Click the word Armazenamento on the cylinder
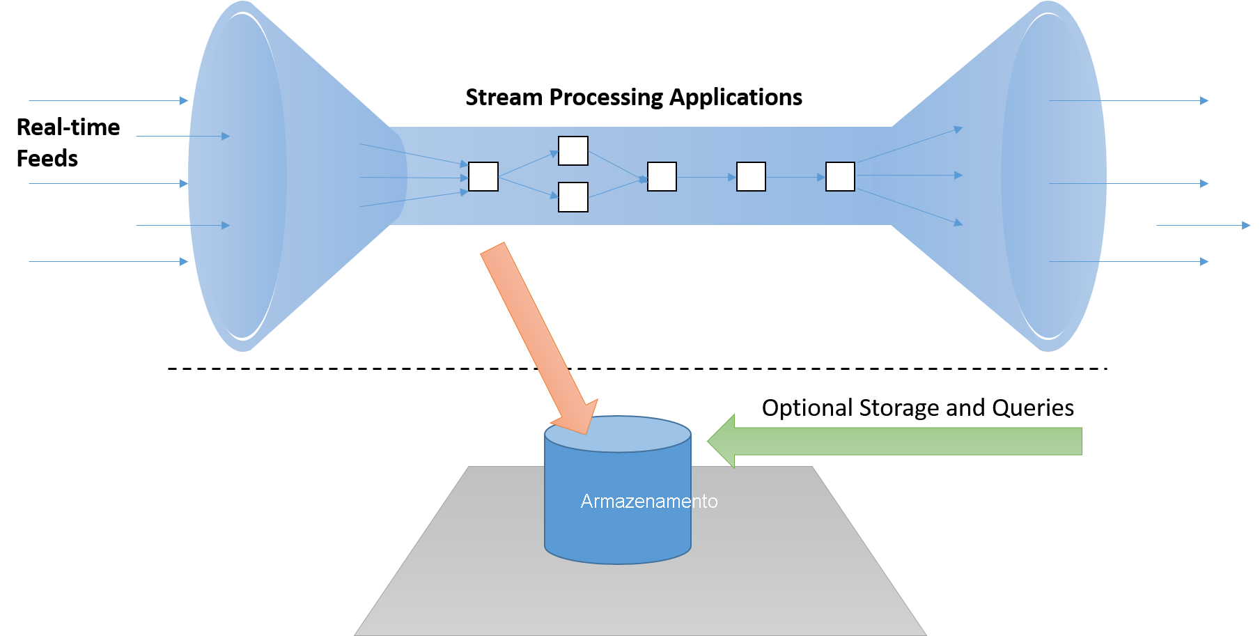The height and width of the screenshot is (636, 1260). (648, 502)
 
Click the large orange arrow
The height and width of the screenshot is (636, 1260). (536, 334)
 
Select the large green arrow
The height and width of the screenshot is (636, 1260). (905, 441)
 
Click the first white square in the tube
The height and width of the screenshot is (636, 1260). (483, 176)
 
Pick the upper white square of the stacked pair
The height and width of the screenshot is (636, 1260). (573, 150)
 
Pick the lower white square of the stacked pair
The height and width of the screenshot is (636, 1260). (573, 197)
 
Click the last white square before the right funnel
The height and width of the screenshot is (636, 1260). (840, 176)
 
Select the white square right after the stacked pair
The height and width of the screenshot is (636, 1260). (662, 176)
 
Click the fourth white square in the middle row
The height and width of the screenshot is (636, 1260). (751, 176)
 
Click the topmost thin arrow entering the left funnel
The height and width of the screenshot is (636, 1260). (108, 100)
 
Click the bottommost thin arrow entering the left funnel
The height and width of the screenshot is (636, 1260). (108, 261)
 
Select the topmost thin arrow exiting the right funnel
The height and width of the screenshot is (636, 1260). (1128, 100)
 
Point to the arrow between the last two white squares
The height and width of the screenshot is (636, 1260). (795, 177)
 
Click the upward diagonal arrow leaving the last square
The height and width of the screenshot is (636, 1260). (909, 146)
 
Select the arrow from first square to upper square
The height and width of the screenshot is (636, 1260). (528, 164)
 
